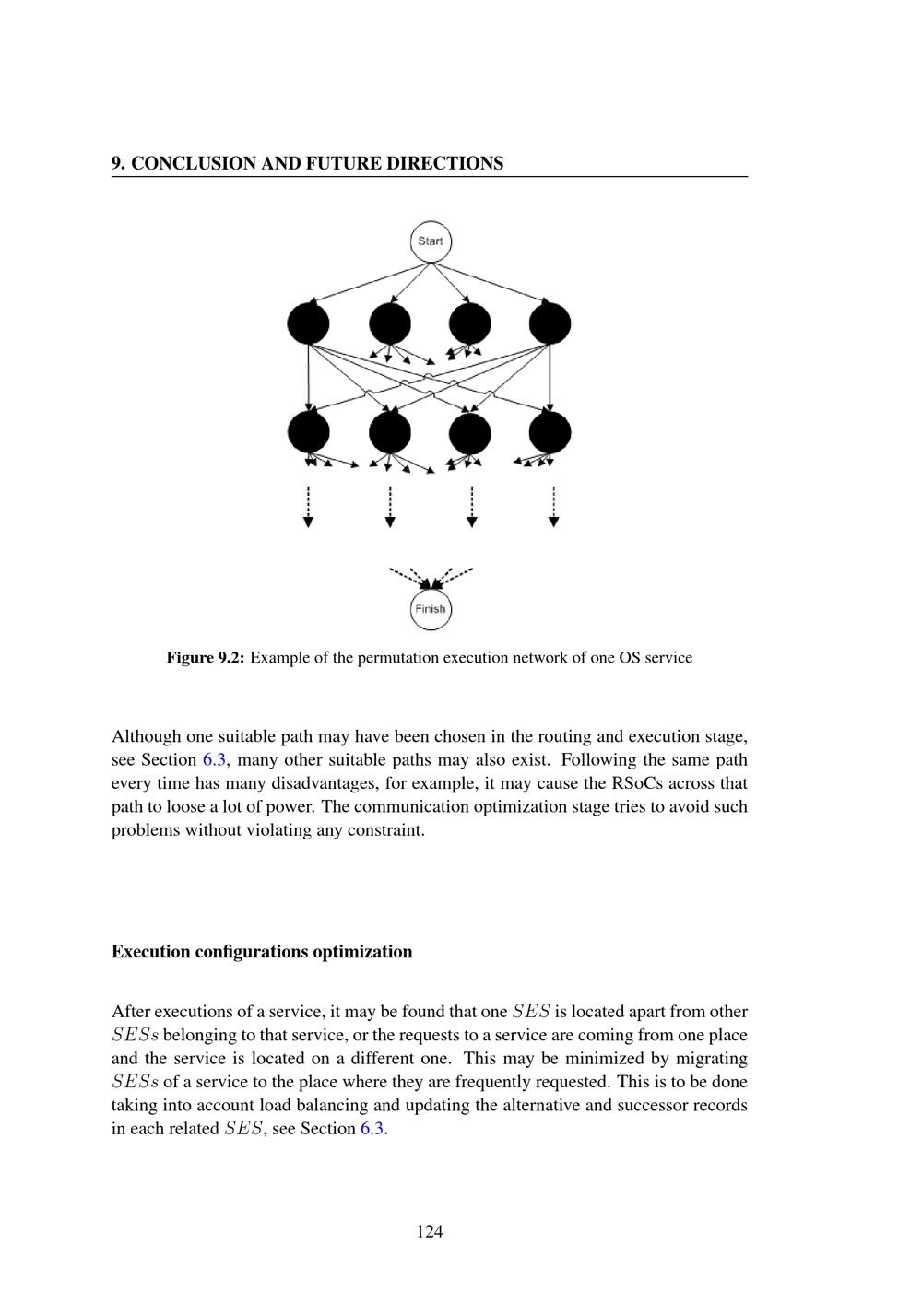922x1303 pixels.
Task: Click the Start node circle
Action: click(431, 241)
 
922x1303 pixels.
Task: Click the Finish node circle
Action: click(430, 609)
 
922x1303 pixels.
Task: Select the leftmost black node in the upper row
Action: click(308, 323)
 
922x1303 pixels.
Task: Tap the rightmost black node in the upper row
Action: click(550, 323)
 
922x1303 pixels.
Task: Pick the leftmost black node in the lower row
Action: click(308, 432)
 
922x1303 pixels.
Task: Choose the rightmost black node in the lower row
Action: click(550, 432)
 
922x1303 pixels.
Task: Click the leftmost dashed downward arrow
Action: click(308, 506)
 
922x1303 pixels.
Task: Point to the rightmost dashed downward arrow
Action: click(553, 506)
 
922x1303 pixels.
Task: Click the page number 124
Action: click(430, 1231)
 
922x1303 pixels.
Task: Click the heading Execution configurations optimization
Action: click(262, 952)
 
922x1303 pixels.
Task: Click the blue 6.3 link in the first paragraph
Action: click(213, 760)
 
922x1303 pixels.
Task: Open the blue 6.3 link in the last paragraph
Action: click(372, 1129)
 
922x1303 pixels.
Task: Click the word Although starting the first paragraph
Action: click(147, 737)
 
